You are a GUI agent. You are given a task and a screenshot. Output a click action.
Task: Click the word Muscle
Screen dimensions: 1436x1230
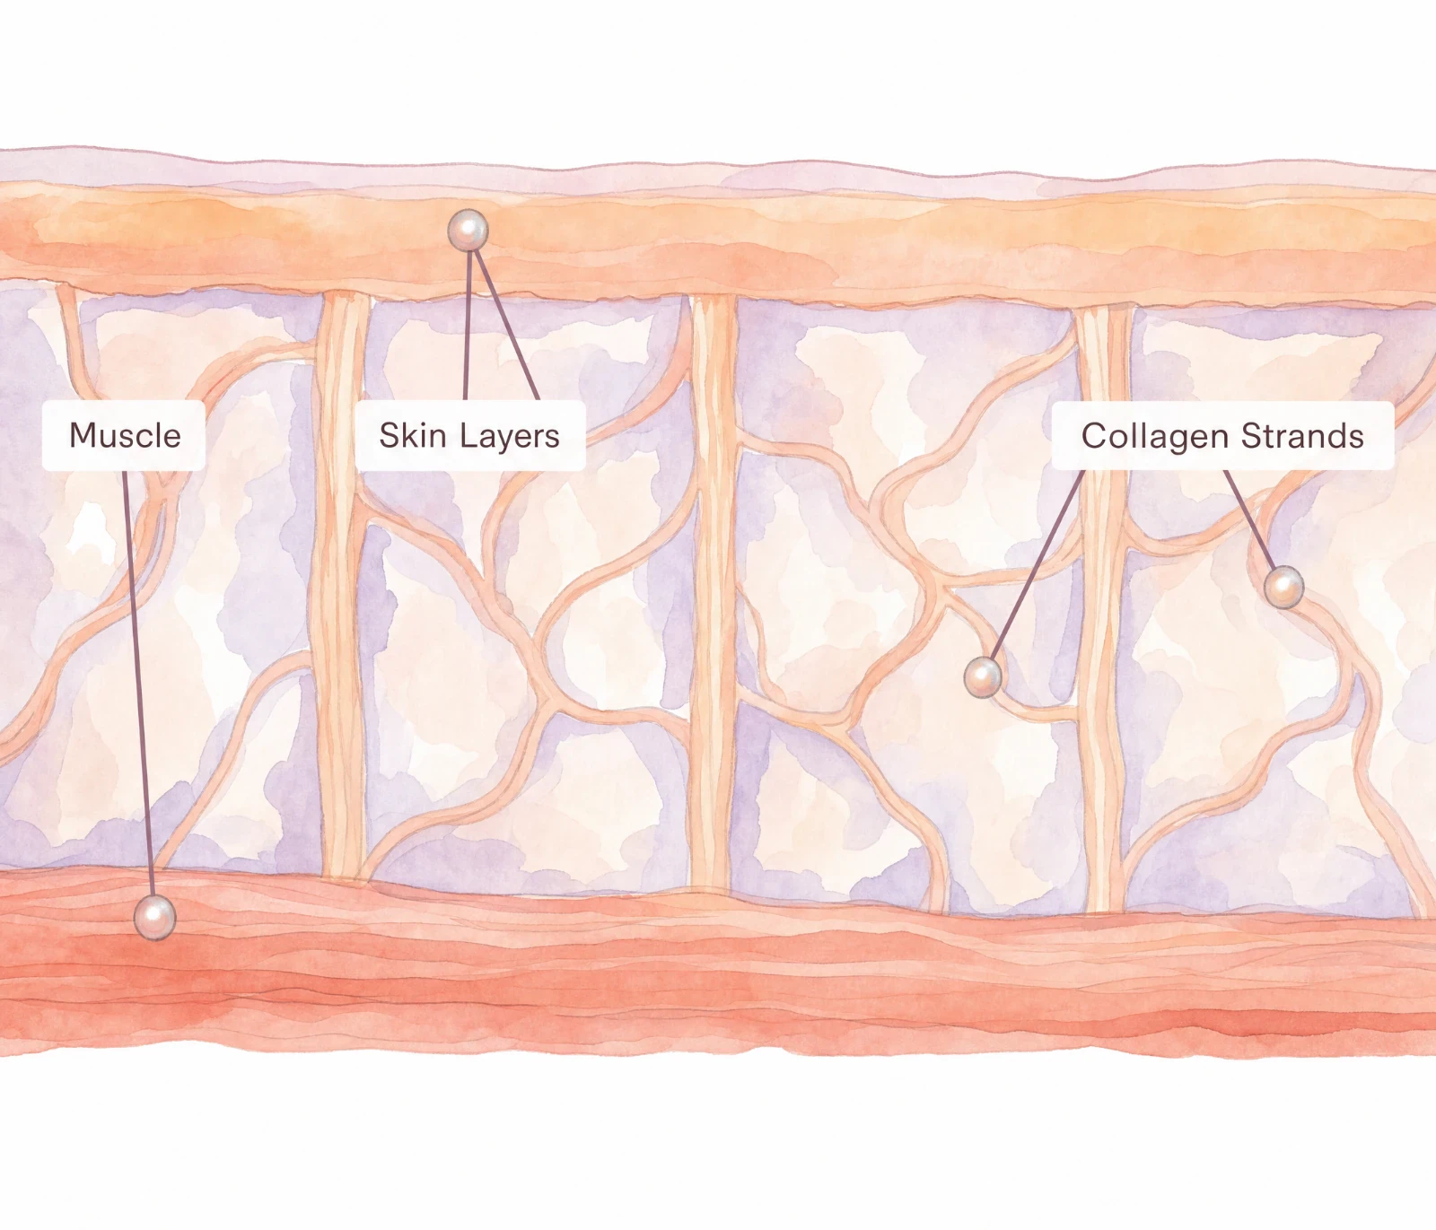(x=125, y=436)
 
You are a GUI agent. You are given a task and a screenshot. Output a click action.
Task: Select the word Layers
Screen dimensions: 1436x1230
(x=511, y=438)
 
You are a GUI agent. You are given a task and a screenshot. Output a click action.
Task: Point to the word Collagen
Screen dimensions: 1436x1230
(x=1155, y=438)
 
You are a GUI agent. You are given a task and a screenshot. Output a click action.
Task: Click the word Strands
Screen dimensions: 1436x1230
(x=1303, y=435)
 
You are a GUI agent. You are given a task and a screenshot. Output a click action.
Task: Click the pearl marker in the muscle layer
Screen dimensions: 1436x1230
(x=154, y=917)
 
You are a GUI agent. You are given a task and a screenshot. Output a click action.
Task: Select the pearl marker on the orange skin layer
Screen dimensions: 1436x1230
(x=468, y=231)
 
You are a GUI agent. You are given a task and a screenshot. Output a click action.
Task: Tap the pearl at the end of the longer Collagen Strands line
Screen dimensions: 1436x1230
(x=984, y=677)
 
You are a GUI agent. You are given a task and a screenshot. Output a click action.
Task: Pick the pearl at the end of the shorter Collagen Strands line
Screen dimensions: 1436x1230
(x=1283, y=588)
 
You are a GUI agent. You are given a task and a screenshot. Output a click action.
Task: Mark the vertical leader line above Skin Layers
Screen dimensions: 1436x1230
(x=467, y=325)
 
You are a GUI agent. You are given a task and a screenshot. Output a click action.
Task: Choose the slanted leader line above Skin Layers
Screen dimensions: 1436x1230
(x=506, y=325)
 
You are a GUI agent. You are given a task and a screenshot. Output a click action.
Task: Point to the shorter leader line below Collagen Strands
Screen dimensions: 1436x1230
(x=1250, y=520)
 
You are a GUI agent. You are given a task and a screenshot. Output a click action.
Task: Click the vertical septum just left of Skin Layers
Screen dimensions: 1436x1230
(x=340, y=583)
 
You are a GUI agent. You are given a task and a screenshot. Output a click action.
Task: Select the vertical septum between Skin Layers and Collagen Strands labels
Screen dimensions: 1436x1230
(x=714, y=592)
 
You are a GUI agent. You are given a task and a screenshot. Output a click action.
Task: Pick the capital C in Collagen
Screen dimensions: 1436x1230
(x=1094, y=436)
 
